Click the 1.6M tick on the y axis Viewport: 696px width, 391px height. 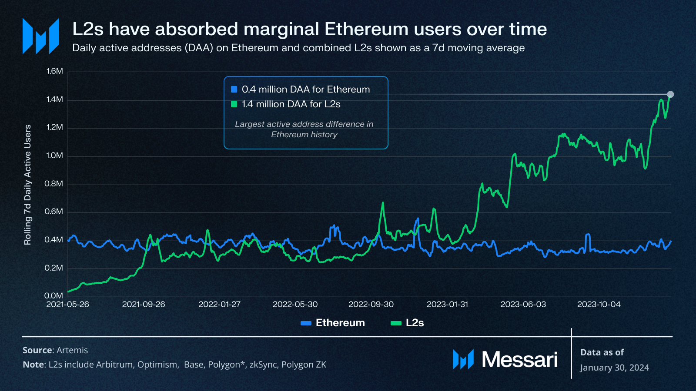point(55,71)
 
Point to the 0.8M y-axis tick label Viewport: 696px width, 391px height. point(54,184)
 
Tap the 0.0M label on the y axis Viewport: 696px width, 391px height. point(54,296)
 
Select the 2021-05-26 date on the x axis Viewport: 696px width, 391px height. point(67,305)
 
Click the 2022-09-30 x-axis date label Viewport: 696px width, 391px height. point(371,305)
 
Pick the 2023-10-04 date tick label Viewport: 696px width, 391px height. point(599,305)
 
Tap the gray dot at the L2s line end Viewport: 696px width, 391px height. point(670,94)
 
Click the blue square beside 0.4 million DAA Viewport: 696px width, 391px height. point(234,89)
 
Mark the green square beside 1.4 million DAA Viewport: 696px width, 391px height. point(234,104)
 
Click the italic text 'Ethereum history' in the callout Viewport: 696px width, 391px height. point(304,135)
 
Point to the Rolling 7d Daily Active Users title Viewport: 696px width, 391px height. point(28,185)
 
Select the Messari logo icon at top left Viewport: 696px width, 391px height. point(41,36)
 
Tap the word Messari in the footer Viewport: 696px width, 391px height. point(519,360)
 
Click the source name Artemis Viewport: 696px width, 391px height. point(72,350)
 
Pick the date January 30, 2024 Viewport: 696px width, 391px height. point(614,368)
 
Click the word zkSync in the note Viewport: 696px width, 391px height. point(263,364)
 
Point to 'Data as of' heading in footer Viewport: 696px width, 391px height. point(602,352)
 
